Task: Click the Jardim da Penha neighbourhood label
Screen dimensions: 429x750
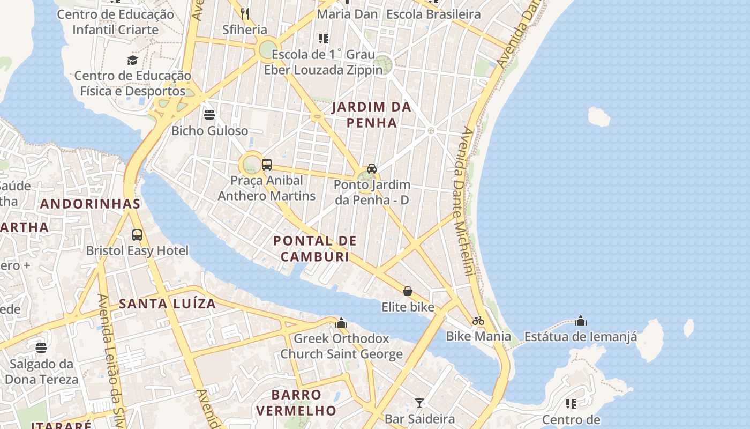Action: pos(371,115)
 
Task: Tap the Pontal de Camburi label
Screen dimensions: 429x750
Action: pos(315,248)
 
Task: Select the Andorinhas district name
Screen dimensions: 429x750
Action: pos(90,204)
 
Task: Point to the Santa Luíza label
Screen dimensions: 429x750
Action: pos(167,304)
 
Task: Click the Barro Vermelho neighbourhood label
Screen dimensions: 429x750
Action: pos(296,403)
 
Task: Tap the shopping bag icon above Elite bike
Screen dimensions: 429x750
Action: pos(408,291)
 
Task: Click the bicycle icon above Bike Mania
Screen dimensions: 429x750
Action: pos(478,321)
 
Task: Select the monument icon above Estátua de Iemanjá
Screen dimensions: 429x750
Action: pos(581,321)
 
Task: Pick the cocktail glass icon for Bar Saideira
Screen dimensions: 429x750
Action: pos(419,403)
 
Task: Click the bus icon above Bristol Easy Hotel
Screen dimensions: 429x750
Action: pos(137,234)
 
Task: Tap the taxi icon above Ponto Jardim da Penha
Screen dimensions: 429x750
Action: pos(371,168)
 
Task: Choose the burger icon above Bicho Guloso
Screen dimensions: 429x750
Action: pos(209,114)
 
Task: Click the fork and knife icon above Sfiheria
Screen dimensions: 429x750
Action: pos(245,14)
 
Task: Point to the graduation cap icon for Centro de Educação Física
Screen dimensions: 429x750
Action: pos(132,60)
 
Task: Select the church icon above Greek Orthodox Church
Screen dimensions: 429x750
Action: pos(341,323)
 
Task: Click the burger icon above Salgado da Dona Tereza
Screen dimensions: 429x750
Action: pos(41,348)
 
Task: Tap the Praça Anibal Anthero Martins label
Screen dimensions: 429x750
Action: pos(266,188)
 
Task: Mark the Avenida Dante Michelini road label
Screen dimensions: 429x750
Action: pos(462,201)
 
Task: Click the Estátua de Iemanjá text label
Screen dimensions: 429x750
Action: pos(581,337)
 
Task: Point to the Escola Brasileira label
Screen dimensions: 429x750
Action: pos(433,14)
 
